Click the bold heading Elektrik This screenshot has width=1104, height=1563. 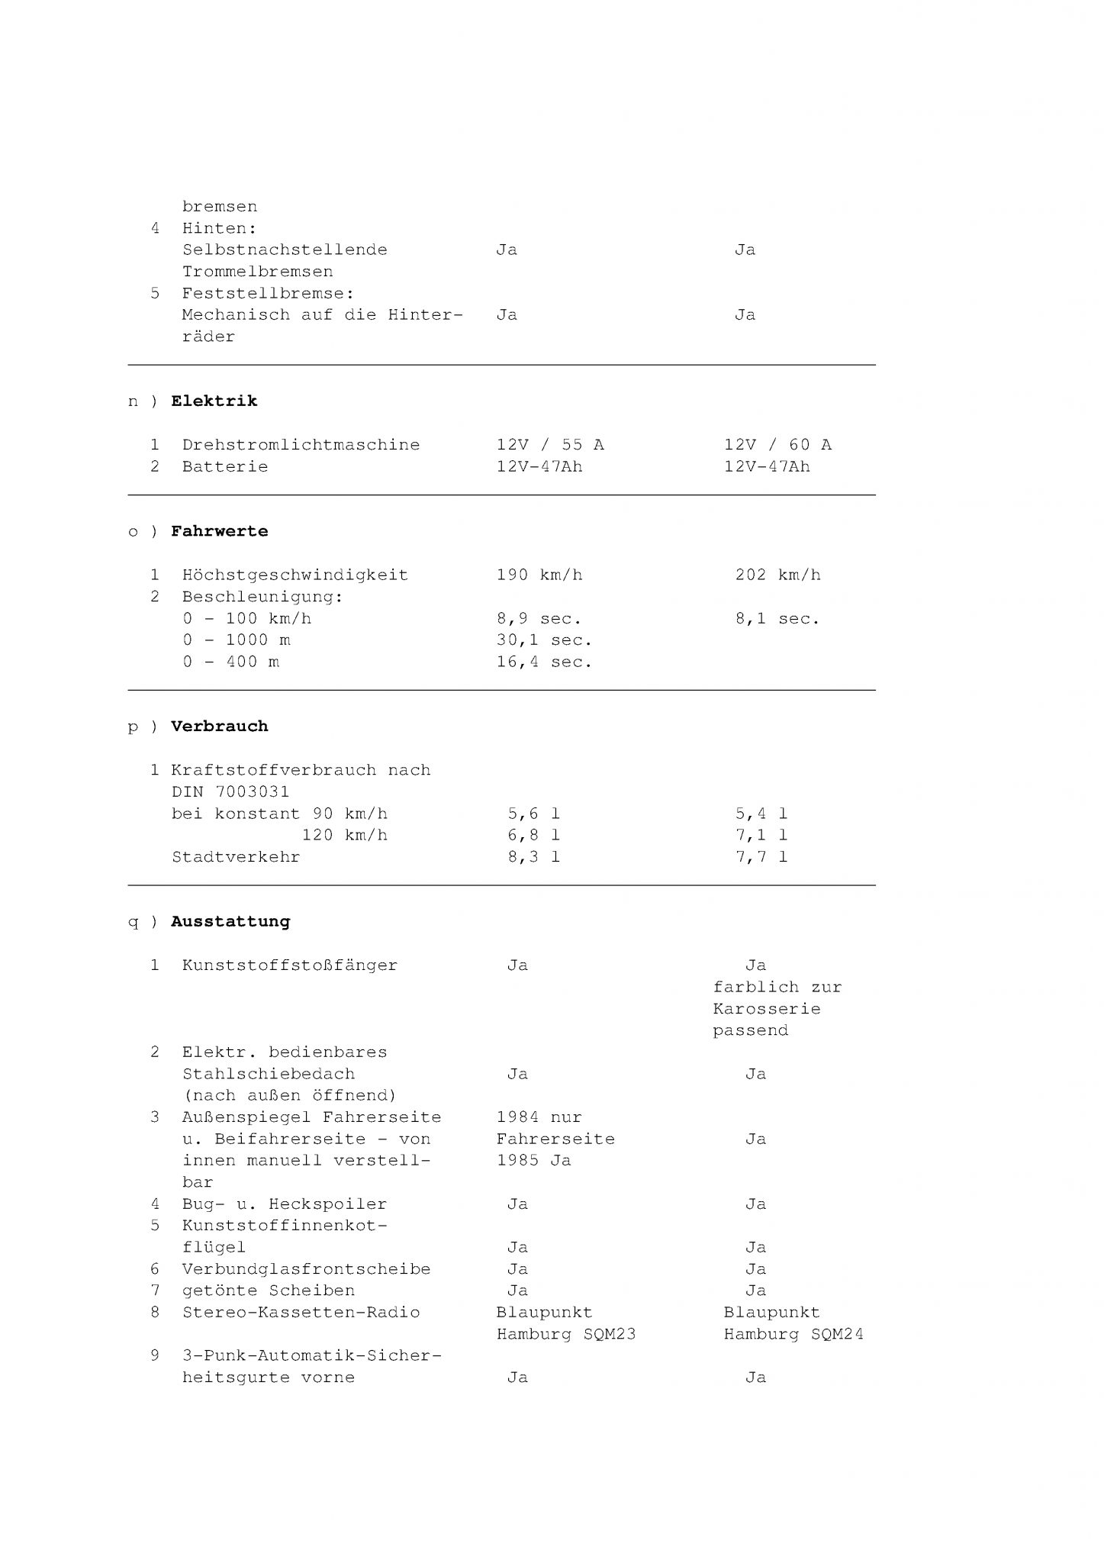(214, 401)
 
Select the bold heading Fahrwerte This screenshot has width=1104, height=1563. (219, 531)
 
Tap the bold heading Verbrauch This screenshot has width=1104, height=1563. (219, 727)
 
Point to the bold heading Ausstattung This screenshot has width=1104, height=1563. (230, 922)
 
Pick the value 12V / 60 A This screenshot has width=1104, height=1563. (777, 445)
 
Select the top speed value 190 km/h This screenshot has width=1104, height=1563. (539, 575)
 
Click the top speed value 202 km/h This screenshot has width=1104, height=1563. (777, 575)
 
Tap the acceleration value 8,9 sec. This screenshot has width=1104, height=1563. (539, 619)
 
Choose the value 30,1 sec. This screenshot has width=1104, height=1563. (544, 640)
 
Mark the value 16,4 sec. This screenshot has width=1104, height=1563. (544, 662)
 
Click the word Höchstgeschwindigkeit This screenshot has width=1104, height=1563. (295, 575)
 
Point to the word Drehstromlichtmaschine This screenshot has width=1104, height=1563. (301, 445)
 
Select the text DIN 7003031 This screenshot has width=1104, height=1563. (230, 792)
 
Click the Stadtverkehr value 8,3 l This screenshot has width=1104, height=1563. (533, 857)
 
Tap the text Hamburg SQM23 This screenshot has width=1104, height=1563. (565, 1334)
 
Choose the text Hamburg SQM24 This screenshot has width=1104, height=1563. (793, 1334)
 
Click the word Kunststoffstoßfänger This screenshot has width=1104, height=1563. (289, 965)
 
